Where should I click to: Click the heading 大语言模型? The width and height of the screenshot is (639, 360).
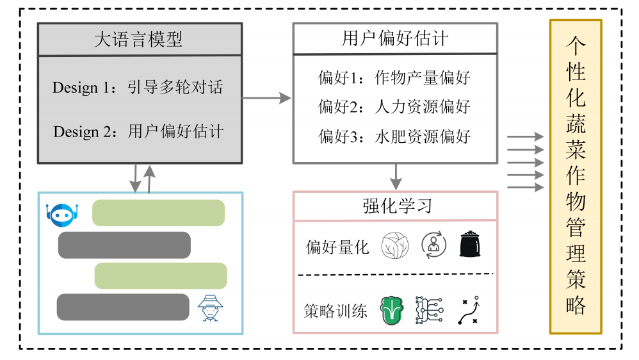click(x=139, y=40)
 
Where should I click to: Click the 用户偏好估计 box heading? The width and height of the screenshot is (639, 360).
click(x=395, y=39)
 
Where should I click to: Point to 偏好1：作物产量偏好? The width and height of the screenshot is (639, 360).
click(x=394, y=78)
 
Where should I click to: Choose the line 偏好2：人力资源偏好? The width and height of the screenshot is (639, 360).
click(x=394, y=106)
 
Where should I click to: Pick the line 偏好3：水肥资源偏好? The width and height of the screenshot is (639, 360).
click(x=394, y=136)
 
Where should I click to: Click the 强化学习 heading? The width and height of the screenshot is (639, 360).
click(x=395, y=206)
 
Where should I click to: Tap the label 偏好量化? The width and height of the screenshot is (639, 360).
click(x=337, y=247)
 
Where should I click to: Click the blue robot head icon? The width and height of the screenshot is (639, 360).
click(x=62, y=215)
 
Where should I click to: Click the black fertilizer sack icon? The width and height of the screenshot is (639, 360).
click(x=472, y=245)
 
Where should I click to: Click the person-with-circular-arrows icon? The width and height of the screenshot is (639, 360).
click(x=433, y=245)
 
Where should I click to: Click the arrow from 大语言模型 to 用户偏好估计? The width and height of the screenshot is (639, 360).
click(x=266, y=98)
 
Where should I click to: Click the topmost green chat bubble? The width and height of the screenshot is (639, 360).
click(x=158, y=213)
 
